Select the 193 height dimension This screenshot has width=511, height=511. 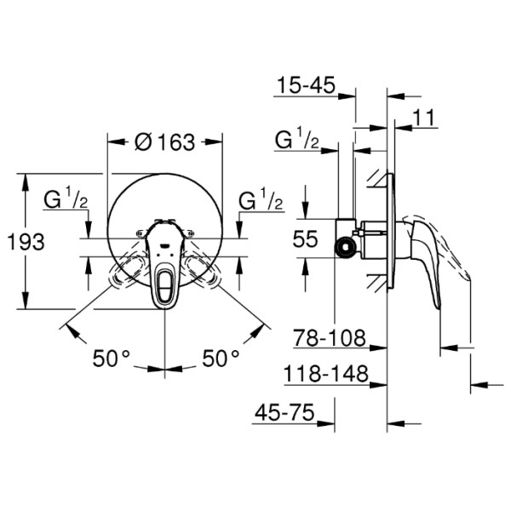[x=26, y=243]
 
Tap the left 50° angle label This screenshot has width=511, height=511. [x=112, y=359]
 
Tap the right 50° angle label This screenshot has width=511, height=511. [x=221, y=359]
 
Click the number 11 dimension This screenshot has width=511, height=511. [x=426, y=118]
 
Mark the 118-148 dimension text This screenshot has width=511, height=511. [x=326, y=374]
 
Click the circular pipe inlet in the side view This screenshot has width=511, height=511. [x=345, y=248]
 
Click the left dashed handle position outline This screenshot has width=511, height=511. [x=128, y=269]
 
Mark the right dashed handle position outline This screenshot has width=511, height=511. [x=201, y=269]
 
